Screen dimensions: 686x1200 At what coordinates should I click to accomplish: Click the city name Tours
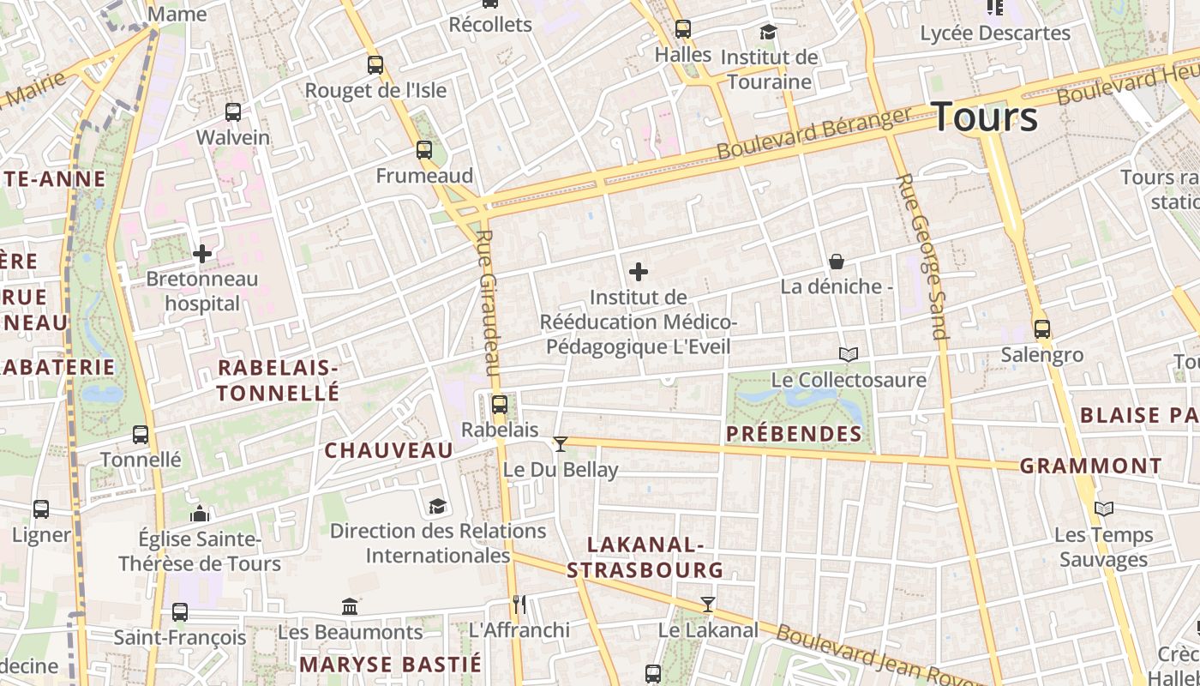point(984,117)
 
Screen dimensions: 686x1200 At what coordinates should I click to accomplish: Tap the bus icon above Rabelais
point(500,404)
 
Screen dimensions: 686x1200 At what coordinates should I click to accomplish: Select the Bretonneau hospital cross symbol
point(202,254)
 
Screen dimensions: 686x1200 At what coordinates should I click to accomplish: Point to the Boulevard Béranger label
point(814,133)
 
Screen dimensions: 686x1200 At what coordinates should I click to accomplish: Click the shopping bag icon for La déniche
point(837,262)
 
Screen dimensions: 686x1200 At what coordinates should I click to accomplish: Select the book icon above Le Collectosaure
point(848,354)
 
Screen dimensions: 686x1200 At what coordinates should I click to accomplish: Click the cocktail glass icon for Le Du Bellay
point(561,443)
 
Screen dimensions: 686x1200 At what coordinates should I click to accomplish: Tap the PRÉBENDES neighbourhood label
point(794,434)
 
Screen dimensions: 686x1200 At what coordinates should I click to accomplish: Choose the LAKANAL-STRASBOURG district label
point(645,557)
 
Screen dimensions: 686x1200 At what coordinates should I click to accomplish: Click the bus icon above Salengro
point(1042,329)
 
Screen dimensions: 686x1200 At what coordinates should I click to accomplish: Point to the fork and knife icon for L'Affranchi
point(519,605)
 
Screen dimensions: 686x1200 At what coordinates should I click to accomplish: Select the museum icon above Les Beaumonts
point(350,607)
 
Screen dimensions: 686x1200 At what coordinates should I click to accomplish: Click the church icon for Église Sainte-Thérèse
point(200,514)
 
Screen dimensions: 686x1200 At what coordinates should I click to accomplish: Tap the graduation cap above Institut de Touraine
point(768,33)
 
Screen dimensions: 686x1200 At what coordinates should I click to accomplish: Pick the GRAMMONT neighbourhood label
point(1090,466)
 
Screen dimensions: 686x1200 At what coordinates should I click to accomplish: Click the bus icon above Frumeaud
point(424,150)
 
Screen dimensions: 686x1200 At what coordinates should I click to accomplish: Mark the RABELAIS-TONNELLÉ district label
point(278,381)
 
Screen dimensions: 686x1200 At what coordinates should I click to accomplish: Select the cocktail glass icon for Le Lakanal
point(707,605)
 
